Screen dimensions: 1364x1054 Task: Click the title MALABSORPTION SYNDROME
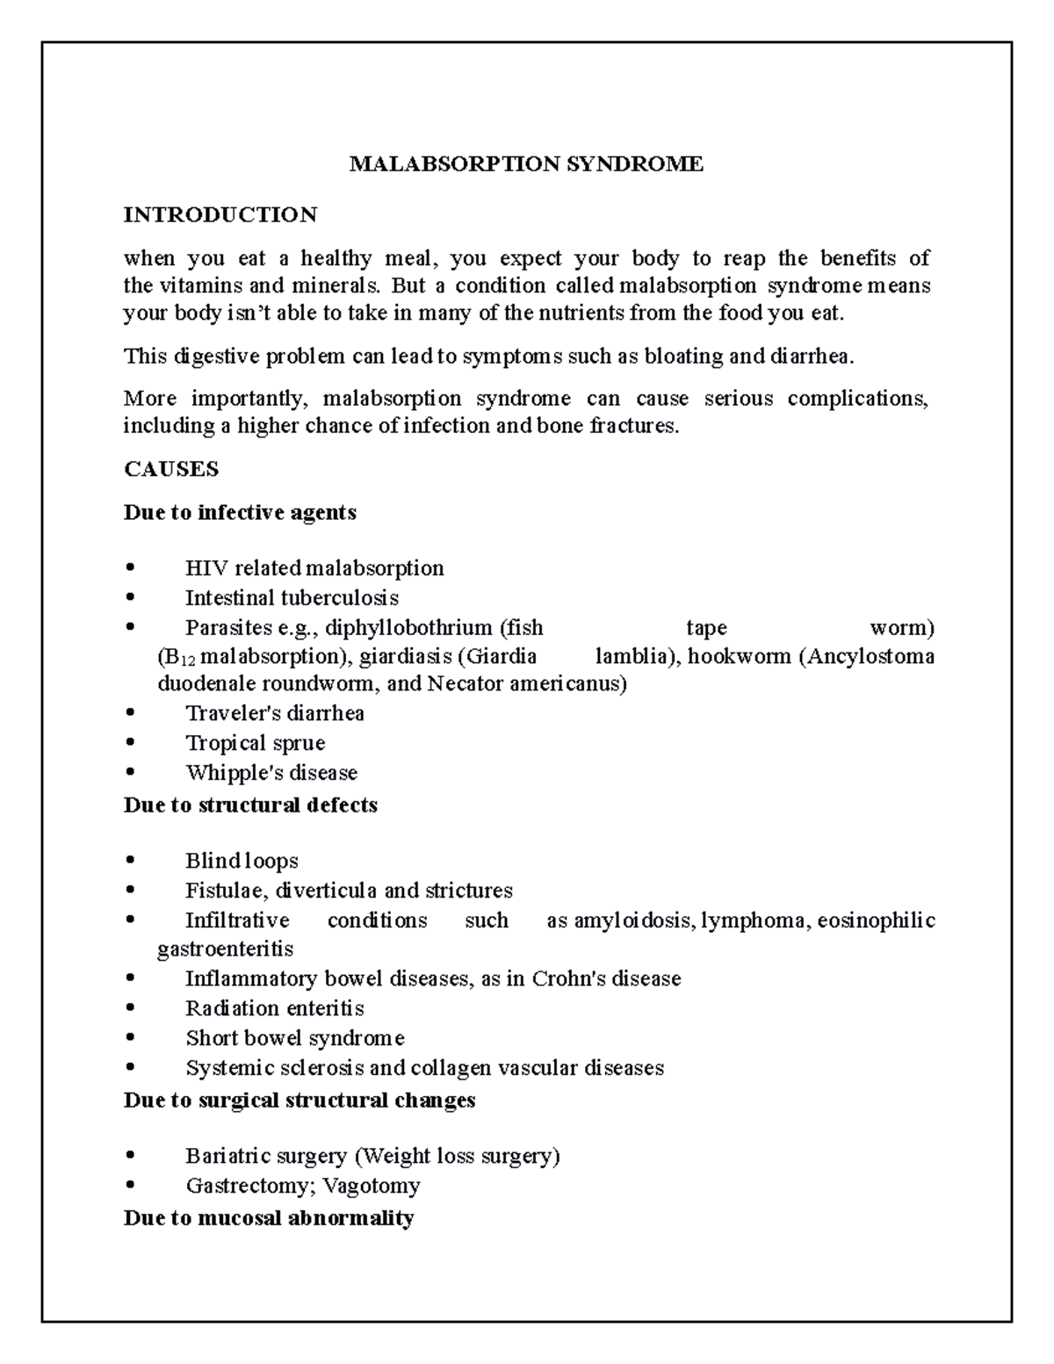click(526, 164)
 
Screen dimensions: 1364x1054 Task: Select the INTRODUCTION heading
click(220, 215)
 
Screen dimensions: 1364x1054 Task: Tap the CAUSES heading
click(171, 469)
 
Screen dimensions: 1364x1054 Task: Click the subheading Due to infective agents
click(240, 513)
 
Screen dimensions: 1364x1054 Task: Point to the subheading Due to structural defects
click(250, 805)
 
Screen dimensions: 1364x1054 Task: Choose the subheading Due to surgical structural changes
click(300, 1101)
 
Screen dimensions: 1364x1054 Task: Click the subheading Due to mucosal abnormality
click(269, 1218)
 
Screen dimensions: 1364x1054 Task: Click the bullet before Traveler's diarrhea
click(132, 713)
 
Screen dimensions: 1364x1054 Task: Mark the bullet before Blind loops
click(132, 861)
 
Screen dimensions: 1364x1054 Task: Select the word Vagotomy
click(372, 1186)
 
